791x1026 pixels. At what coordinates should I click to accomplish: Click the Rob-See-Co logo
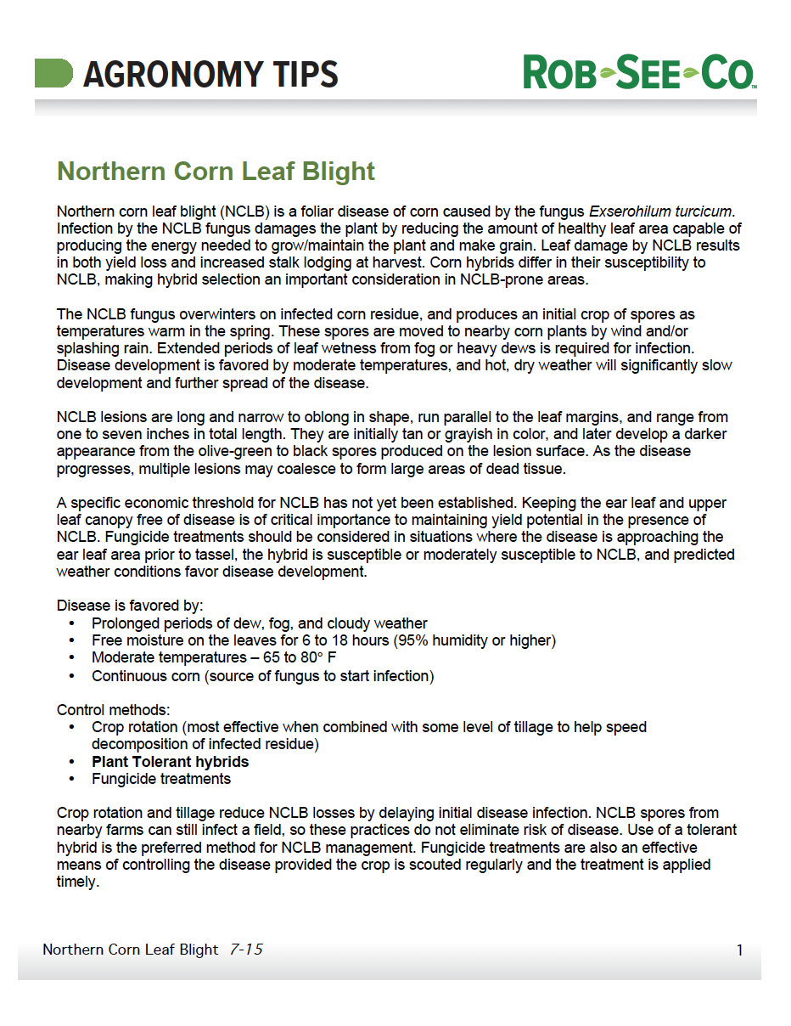point(639,73)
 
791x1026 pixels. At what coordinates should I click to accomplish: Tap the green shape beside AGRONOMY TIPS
point(53,73)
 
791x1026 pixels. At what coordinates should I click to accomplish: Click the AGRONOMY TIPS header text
point(210,75)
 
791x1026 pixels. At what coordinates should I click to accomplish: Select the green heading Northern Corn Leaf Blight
point(216,172)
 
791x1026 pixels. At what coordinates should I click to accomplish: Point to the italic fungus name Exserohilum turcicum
point(660,211)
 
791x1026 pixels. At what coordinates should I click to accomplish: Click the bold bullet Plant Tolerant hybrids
point(170,762)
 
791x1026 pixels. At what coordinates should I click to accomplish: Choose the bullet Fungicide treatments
point(161,779)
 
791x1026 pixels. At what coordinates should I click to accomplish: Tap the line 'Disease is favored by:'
point(130,606)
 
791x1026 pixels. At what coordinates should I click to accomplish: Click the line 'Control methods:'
point(113,709)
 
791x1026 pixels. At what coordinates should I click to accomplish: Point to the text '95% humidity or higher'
point(474,640)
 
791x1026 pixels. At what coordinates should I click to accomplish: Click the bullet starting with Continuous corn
point(262,676)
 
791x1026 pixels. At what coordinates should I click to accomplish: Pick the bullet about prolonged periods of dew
point(259,623)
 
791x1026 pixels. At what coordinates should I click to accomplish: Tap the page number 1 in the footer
point(739,950)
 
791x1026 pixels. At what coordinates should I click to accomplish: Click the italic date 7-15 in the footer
point(246,950)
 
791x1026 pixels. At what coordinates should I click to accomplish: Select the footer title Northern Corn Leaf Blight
point(130,950)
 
